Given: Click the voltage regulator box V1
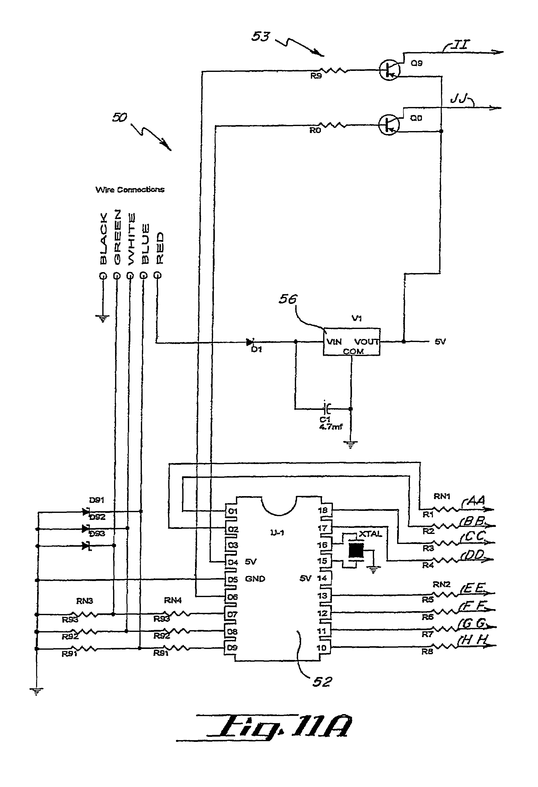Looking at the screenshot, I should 351,342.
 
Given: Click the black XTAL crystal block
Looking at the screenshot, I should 356,550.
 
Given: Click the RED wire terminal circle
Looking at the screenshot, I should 157,275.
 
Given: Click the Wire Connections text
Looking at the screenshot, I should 130,190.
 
